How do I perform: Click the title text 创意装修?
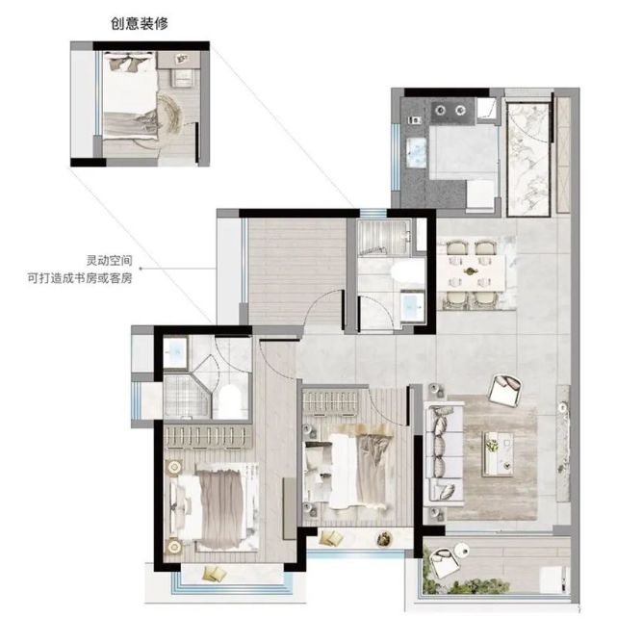(140, 23)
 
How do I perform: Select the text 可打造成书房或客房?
(80, 278)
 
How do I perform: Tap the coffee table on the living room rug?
(498, 453)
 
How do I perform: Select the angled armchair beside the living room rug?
(505, 390)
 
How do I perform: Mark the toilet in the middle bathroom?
(405, 273)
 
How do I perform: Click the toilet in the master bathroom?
(230, 401)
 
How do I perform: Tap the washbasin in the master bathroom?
(176, 352)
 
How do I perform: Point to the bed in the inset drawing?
(130, 96)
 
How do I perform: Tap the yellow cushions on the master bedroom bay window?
(216, 573)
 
